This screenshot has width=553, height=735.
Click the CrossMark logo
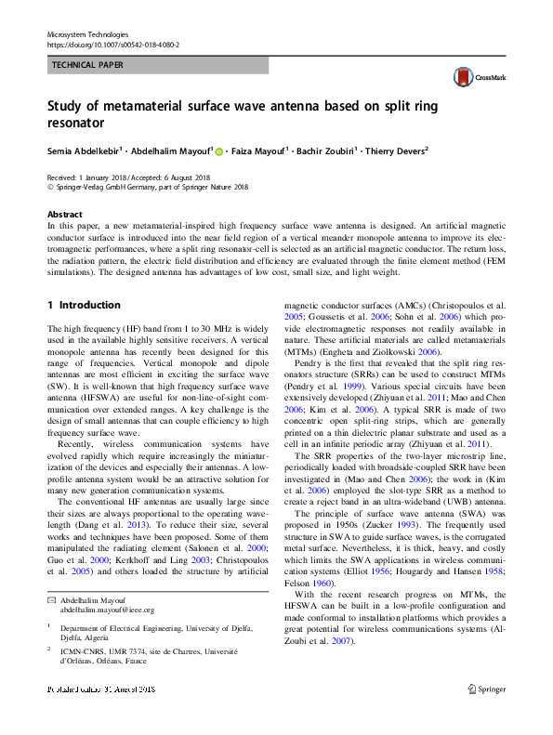471,78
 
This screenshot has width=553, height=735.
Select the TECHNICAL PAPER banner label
87,65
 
